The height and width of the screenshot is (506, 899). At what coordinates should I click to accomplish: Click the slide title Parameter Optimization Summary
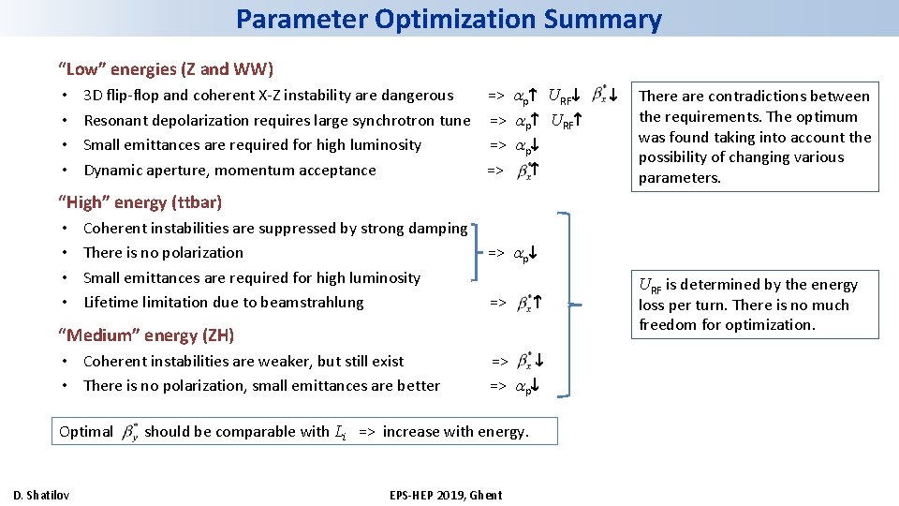(x=449, y=19)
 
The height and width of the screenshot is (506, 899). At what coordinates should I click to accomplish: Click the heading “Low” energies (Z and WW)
(x=166, y=68)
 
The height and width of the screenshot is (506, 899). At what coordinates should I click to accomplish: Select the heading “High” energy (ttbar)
(x=140, y=201)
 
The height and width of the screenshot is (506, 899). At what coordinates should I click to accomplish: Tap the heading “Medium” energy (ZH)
(x=146, y=335)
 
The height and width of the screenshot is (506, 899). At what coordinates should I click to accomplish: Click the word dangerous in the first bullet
(x=417, y=95)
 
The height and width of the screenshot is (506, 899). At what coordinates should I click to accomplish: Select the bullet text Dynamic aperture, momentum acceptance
(x=229, y=170)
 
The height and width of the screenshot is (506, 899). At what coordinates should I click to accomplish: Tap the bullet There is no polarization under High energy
(x=163, y=252)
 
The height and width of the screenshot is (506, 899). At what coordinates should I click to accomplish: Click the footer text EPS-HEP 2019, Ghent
(x=446, y=495)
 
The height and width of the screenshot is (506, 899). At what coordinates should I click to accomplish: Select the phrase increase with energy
(x=455, y=432)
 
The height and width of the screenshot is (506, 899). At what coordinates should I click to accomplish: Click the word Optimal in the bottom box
(x=85, y=432)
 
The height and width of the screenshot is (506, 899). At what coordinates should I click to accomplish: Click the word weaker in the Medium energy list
(x=290, y=361)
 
